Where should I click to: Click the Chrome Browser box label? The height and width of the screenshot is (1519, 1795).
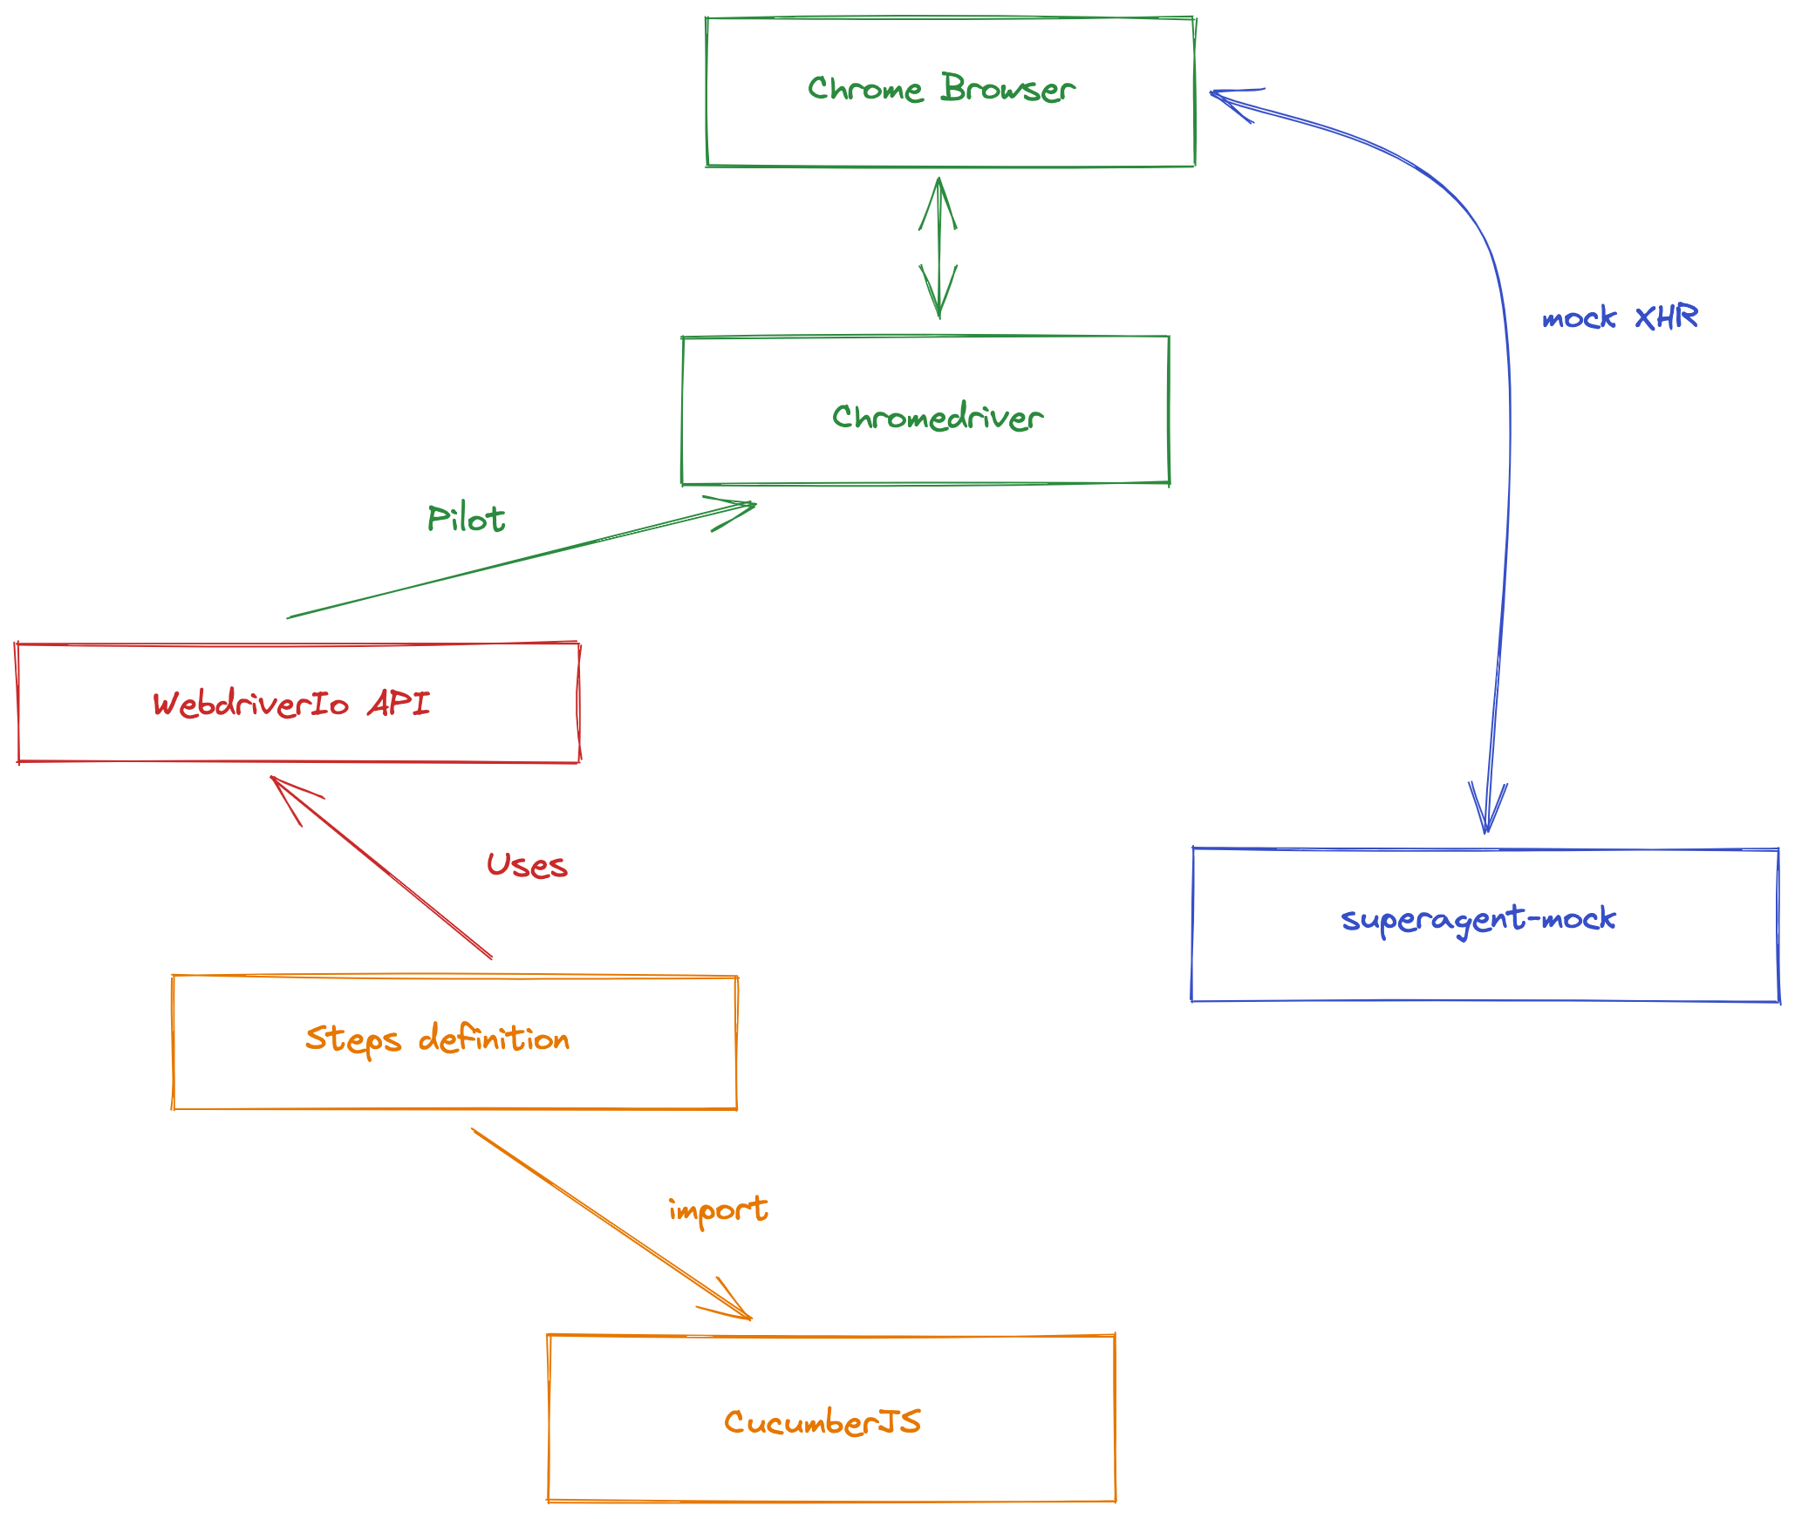coord(941,89)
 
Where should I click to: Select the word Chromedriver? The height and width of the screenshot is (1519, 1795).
coord(937,417)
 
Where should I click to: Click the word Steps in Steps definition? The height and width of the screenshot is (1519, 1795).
coord(352,1039)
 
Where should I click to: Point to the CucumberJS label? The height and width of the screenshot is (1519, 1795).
coord(822,1422)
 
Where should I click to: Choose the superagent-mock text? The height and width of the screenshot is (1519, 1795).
coord(1478,919)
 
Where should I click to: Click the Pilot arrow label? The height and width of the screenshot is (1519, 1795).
coord(466,520)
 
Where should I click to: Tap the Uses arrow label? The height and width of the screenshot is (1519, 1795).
coord(527,866)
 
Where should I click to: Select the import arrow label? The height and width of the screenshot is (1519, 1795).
coord(718,1210)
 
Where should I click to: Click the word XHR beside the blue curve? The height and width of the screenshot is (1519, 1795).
coord(1666,317)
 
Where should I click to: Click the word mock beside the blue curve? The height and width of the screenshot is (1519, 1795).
coord(1579,318)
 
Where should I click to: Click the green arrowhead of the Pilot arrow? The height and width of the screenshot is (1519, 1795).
coord(738,509)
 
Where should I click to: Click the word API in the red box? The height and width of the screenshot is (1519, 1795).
coord(399,703)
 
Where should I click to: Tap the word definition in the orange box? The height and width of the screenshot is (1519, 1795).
coord(494,1039)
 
